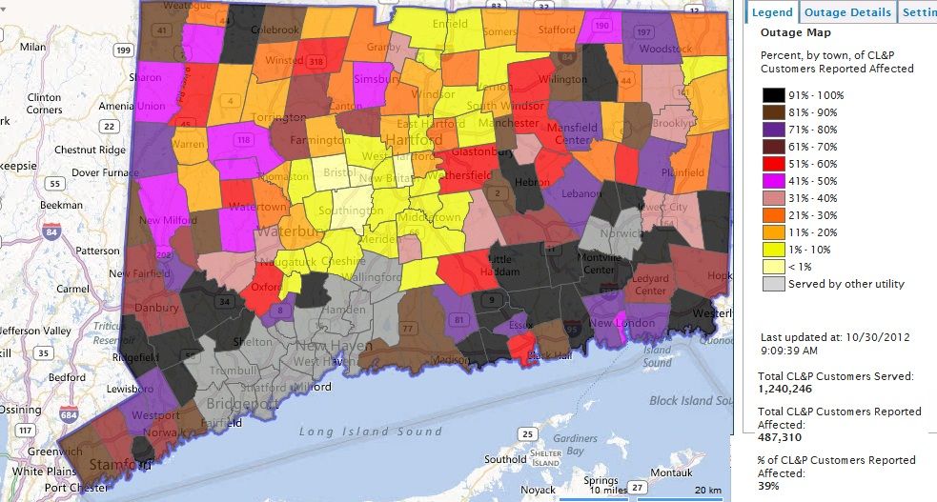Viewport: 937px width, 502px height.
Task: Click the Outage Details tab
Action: coord(848,12)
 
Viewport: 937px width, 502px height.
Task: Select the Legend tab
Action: coord(771,12)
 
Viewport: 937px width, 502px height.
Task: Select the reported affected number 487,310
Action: coord(780,437)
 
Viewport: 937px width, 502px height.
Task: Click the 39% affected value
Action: coord(768,486)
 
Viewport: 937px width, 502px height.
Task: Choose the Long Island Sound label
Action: coord(370,432)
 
